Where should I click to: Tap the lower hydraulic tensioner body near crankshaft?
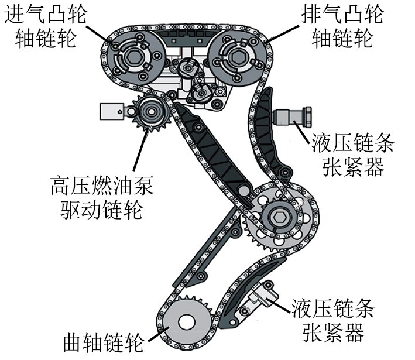tap(261, 296)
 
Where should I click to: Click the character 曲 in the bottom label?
tap(73, 342)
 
